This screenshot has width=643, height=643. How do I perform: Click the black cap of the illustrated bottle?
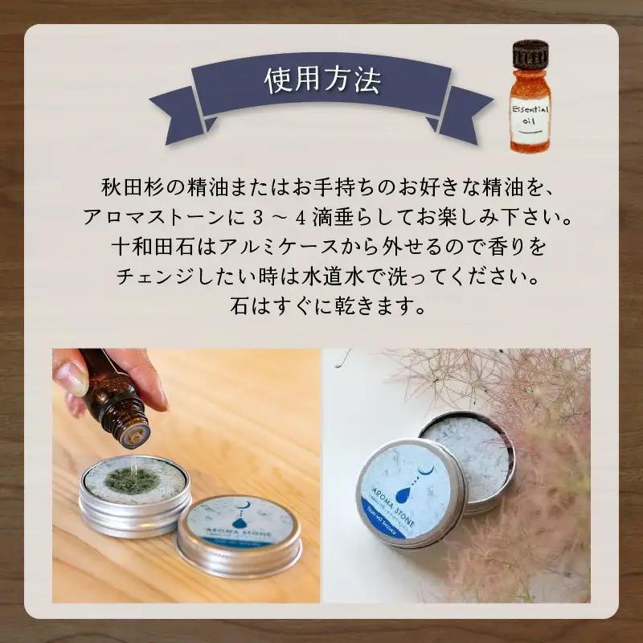(530, 55)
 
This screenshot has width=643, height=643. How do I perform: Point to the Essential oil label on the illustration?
(530, 115)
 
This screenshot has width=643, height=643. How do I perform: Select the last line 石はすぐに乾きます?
(321, 307)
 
